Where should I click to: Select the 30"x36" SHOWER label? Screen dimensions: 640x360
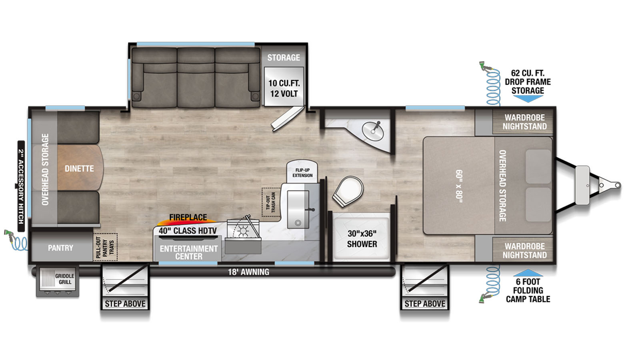tap(362, 239)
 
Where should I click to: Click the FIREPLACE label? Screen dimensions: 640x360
tap(188, 218)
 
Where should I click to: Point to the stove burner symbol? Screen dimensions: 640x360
tap(243, 230)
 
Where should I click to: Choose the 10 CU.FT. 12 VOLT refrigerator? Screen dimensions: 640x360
tap(284, 86)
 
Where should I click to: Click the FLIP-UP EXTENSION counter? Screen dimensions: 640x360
tap(302, 172)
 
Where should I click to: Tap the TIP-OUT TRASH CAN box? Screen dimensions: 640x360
tap(271, 202)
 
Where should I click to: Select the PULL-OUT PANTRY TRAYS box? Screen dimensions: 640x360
tap(105, 247)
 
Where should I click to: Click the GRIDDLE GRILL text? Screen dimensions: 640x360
tap(64, 279)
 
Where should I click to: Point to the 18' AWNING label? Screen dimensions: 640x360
tap(248, 272)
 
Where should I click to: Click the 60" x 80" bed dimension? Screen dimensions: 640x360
tap(459, 186)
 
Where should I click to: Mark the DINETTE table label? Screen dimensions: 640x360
tap(79, 168)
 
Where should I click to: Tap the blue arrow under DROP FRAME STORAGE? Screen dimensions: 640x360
tap(528, 99)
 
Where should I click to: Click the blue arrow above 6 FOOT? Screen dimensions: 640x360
tap(528, 272)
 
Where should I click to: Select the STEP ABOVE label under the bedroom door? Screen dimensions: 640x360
tap(425, 304)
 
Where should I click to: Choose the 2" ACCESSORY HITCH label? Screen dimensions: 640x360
tap(21, 186)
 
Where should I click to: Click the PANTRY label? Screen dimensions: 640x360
tap(60, 248)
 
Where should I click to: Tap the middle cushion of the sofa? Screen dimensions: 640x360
tap(196, 78)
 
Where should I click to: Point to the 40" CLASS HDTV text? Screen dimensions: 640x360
tap(188, 230)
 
